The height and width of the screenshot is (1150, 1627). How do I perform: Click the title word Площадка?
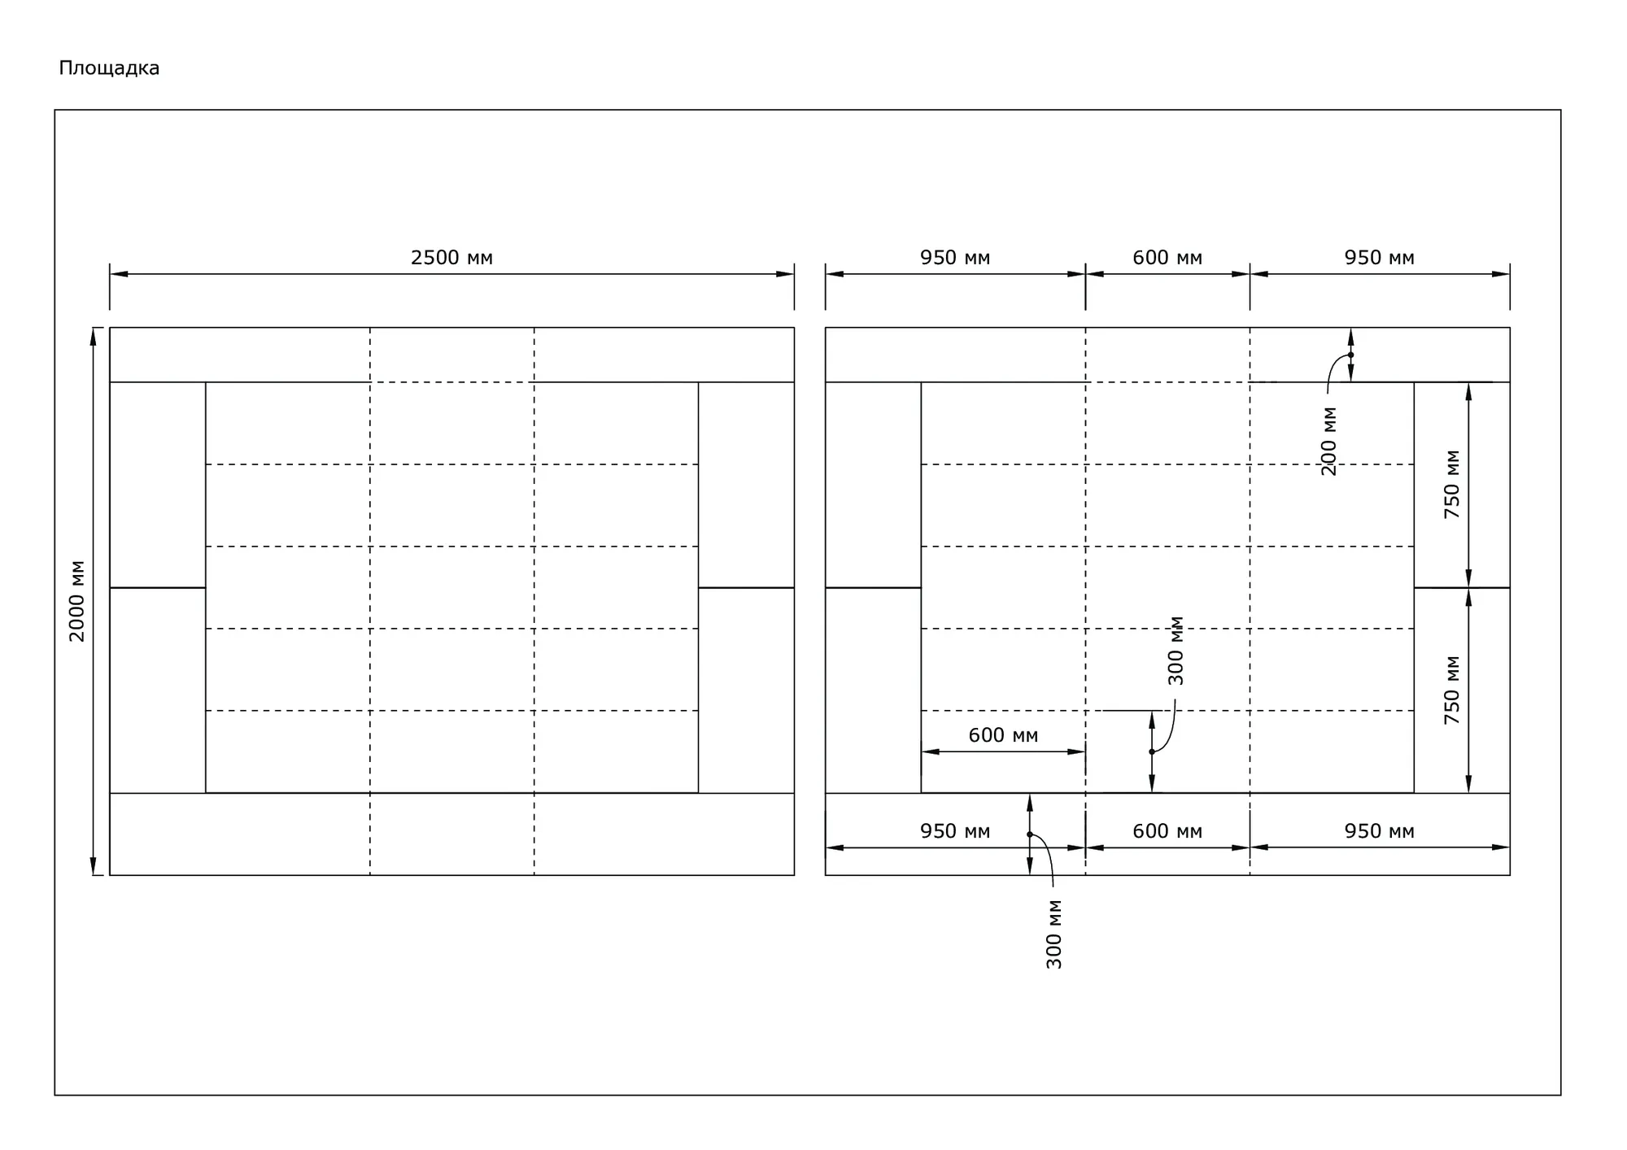[x=109, y=68]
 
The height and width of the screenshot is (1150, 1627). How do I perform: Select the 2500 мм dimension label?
[x=451, y=258]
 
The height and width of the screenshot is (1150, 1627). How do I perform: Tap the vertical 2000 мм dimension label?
[x=76, y=601]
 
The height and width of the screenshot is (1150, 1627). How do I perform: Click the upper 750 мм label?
[x=1451, y=485]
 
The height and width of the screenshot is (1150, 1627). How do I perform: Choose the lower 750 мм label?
[x=1451, y=690]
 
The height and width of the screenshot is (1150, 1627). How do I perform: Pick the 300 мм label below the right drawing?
[x=1053, y=934]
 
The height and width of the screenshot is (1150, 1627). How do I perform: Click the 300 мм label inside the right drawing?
[x=1176, y=651]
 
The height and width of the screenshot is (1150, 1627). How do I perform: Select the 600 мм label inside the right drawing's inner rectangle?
[x=1003, y=735]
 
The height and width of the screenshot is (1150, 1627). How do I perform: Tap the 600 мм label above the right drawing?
[x=1167, y=258]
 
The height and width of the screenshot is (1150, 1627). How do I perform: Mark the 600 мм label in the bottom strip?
[x=1167, y=831]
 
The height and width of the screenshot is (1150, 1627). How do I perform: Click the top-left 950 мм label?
[x=955, y=258]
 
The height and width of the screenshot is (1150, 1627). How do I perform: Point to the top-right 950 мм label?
[x=1379, y=258]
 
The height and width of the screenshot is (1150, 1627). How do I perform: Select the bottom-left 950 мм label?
[x=955, y=831]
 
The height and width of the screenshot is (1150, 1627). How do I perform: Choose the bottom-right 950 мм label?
[x=1379, y=831]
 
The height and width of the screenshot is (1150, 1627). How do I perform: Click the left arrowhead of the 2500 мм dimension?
[x=119, y=274]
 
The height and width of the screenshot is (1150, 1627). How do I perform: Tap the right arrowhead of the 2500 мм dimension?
[x=785, y=274]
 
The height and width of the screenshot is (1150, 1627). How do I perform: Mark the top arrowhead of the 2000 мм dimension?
[x=93, y=337]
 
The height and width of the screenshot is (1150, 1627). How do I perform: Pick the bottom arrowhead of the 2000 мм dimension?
[x=93, y=866]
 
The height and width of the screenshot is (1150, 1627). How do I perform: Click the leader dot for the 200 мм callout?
[x=1350, y=355]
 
